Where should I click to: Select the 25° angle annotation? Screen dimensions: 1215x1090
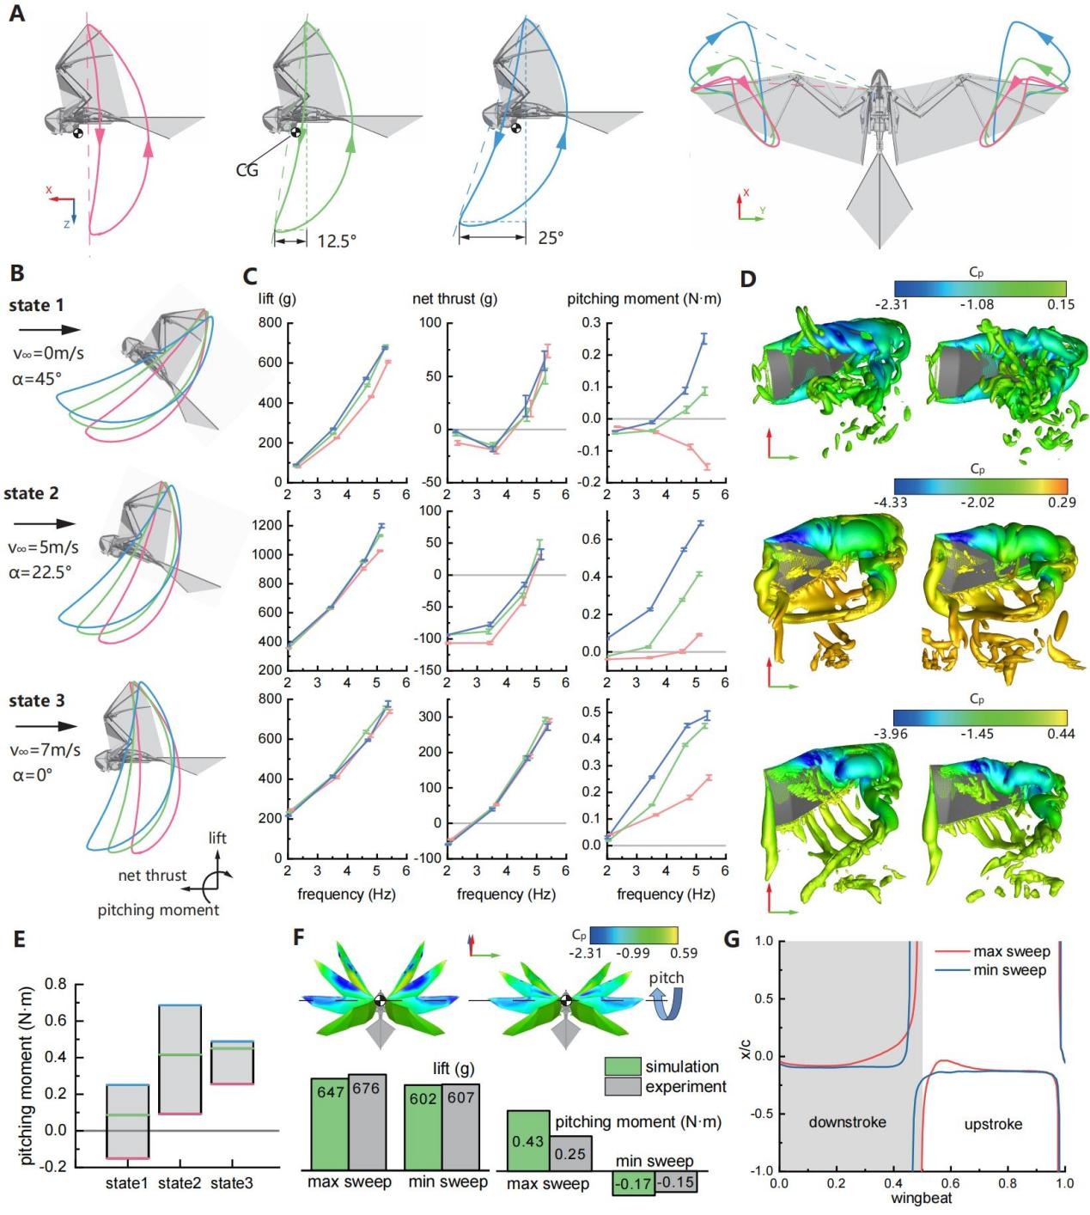pos(551,238)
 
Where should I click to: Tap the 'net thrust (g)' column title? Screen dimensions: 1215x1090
pos(456,300)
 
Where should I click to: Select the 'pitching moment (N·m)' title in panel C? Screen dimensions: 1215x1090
pos(644,300)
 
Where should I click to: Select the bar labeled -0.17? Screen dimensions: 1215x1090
pos(632,1183)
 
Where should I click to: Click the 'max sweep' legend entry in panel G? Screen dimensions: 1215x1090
pos(1011,952)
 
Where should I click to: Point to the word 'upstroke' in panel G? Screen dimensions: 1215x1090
pos(993,1124)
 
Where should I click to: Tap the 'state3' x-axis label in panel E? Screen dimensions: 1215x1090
pos(231,1184)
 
